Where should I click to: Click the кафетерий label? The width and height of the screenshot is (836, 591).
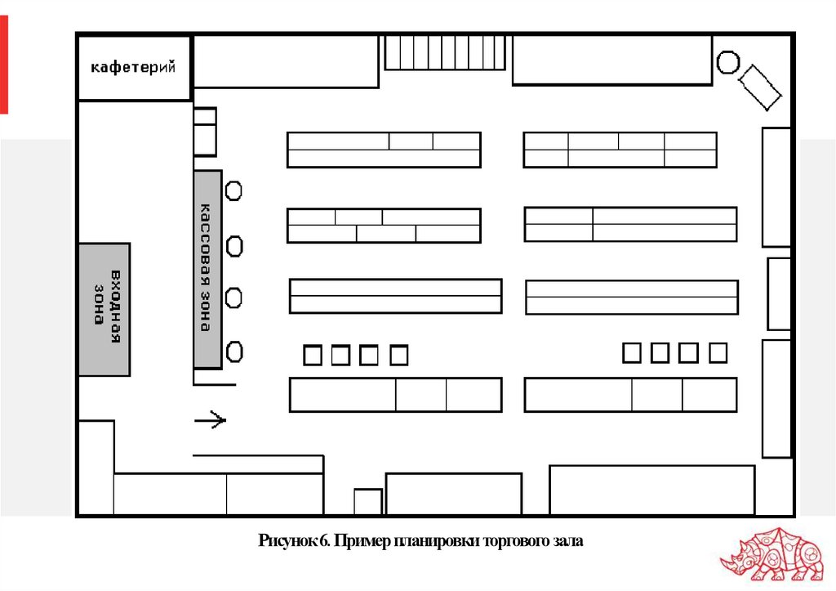[x=133, y=68]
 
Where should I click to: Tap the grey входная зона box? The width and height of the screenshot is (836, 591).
[x=104, y=309]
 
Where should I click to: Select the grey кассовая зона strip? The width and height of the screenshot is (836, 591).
[x=207, y=269]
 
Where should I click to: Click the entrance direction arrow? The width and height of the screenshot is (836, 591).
[x=210, y=421]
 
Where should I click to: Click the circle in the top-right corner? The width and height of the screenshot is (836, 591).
[x=727, y=62]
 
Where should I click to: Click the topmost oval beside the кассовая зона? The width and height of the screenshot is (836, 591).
[x=233, y=191]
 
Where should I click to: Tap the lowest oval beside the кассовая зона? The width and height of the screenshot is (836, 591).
[x=234, y=352]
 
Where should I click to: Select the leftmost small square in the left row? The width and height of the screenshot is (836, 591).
[x=312, y=356]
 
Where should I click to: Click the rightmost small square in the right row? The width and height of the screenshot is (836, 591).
[x=718, y=353]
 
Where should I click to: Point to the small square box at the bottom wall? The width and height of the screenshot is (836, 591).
[x=367, y=502]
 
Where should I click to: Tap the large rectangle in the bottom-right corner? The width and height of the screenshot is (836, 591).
[x=651, y=490]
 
